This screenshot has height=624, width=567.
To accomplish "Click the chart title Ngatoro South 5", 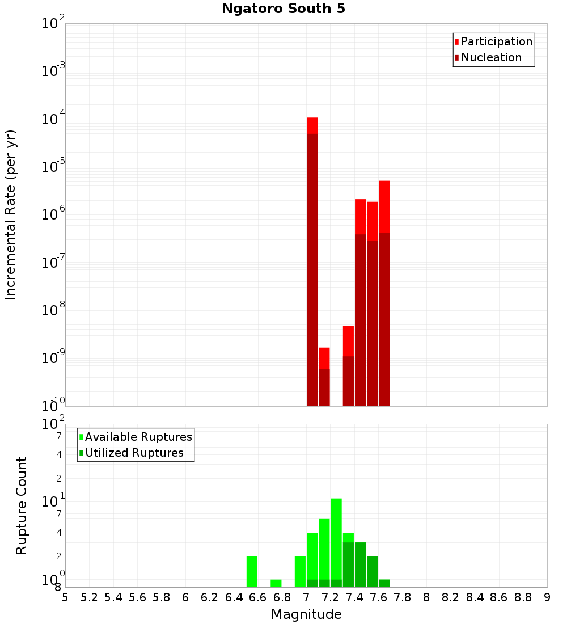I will pyautogui.click(x=283, y=9).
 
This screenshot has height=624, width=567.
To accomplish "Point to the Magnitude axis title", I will pyautogui.click(x=306, y=614).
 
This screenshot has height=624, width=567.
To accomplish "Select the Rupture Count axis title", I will pyautogui.click(x=22, y=505).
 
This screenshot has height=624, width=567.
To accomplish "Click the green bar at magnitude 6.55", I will pyautogui.click(x=252, y=571).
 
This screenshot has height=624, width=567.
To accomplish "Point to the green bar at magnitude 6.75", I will pyautogui.click(x=276, y=583).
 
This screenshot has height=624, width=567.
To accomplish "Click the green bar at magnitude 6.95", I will pyautogui.click(x=300, y=571).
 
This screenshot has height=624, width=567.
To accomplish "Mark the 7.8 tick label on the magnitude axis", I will pyautogui.click(x=403, y=597).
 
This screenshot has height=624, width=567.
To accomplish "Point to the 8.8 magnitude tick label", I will pyautogui.click(x=523, y=597).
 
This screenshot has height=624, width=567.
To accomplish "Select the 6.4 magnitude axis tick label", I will pyautogui.click(x=234, y=597).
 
